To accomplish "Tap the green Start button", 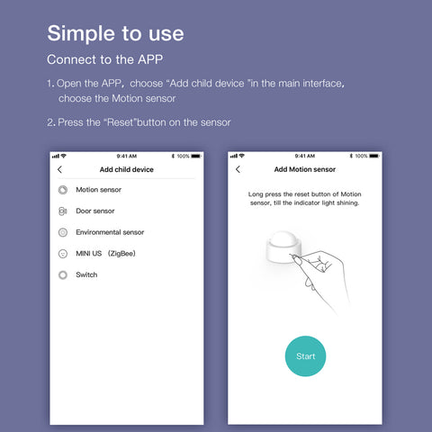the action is [x=305, y=356].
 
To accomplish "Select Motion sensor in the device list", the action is [x=98, y=190].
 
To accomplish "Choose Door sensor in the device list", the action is [x=95, y=211].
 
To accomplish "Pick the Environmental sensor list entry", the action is [x=110, y=232].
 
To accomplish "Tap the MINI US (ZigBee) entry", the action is [x=105, y=254].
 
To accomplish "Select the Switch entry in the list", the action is [x=86, y=274].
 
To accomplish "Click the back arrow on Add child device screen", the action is [x=59, y=169].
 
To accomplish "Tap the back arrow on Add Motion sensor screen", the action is [x=238, y=169].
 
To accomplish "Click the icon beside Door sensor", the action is [x=62, y=211].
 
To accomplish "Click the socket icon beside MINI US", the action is [x=63, y=254].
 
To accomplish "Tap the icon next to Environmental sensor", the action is [x=63, y=232].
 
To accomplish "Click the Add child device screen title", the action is [x=127, y=169].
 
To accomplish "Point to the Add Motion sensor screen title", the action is [x=305, y=169].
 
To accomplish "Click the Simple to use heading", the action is [x=115, y=33].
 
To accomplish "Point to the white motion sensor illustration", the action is [x=283, y=247].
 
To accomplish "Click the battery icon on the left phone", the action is [x=196, y=156].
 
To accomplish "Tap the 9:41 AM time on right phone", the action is [x=305, y=156].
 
